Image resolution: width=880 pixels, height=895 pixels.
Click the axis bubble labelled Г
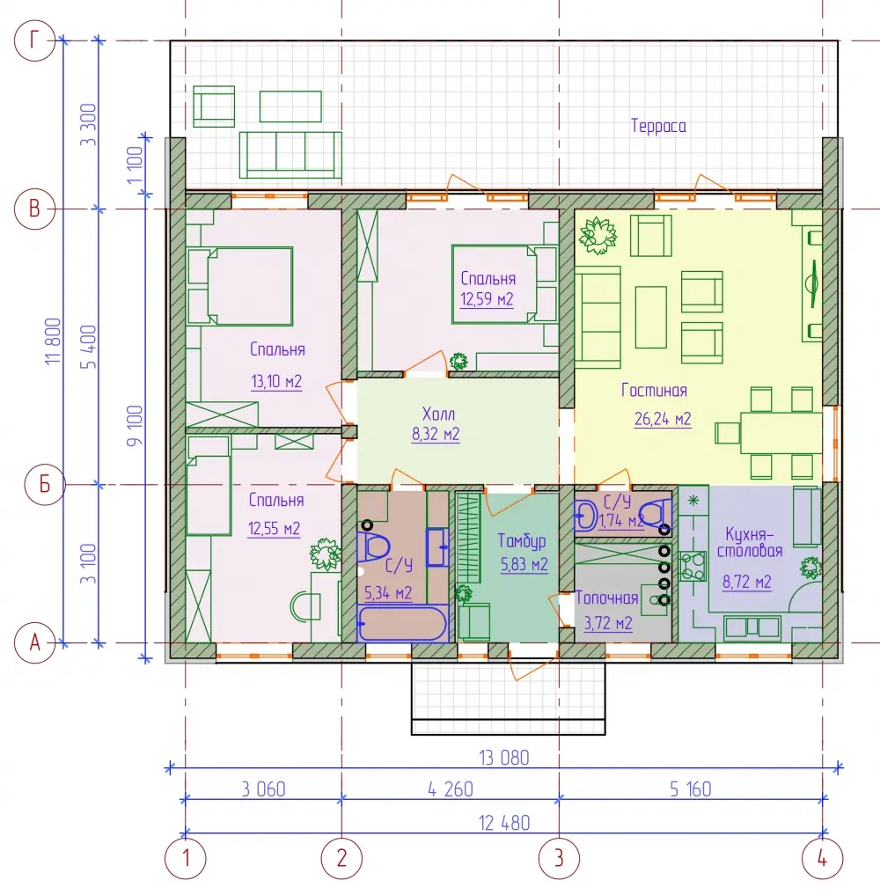pos(34,40)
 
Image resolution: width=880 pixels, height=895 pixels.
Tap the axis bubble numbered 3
pos(560,858)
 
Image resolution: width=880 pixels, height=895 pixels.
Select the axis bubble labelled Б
pos(45,485)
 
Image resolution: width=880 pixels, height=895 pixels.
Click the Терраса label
pos(658,126)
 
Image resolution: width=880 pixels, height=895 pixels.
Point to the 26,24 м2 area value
pos(663,419)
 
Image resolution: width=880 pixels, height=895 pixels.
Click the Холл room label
pos(438,414)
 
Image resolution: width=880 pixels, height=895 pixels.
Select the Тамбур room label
pos(522,540)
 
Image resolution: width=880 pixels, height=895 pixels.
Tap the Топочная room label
pos(606,598)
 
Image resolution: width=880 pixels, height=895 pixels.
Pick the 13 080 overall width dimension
pos(504,758)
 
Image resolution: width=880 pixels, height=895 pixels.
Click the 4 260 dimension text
pos(451,789)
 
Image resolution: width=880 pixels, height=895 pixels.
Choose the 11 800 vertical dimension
pos(53,341)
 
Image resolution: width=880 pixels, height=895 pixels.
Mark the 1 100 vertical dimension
pos(135,165)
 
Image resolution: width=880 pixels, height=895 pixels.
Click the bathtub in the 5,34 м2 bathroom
pos(402,623)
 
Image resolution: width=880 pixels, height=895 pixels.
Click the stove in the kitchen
pos(693,566)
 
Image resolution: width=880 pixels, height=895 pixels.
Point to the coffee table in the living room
pos(650,318)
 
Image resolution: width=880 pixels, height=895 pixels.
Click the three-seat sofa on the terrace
pos(290,155)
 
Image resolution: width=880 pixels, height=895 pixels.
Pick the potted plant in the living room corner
pos(598,235)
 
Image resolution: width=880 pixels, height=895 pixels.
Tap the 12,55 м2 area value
pos(274,529)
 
